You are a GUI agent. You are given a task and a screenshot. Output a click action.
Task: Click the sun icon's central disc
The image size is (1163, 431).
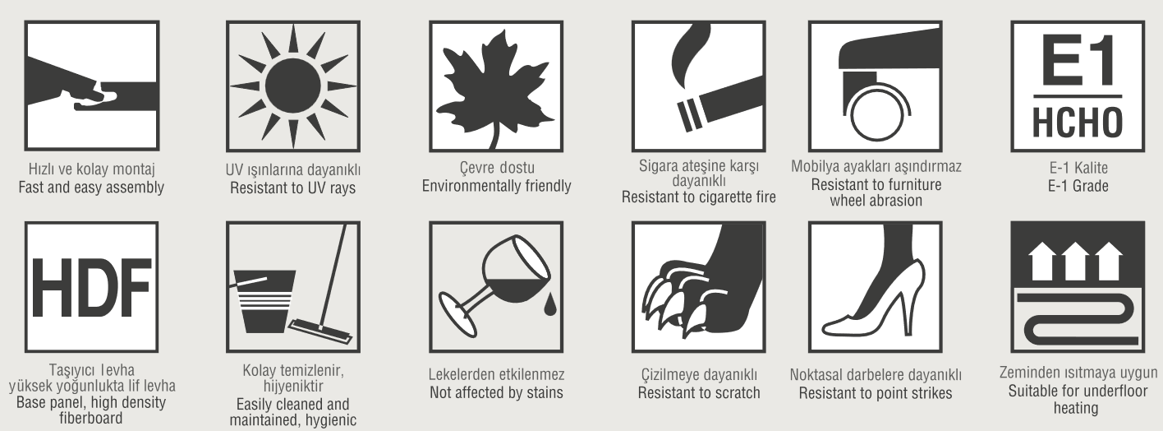(x=293, y=86)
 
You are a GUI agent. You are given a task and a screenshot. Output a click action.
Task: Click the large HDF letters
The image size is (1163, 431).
(x=91, y=286)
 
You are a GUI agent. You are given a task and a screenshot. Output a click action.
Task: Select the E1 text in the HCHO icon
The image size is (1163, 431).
(x=1078, y=61)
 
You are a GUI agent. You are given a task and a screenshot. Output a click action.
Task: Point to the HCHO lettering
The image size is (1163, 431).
(x=1078, y=123)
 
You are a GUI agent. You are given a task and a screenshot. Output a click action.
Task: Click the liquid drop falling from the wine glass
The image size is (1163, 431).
(x=550, y=304)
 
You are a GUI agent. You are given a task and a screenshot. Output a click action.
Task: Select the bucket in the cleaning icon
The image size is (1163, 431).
(x=264, y=301)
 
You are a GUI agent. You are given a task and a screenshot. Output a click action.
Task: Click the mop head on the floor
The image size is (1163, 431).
(x=320, y=331)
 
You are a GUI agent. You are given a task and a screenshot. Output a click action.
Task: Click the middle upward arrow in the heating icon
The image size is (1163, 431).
(x=1076, y=262)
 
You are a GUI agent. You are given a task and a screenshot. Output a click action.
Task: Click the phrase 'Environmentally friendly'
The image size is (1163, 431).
(x=496, y=186)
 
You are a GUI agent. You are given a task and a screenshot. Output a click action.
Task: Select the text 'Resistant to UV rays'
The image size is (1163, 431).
(x=293, y=188)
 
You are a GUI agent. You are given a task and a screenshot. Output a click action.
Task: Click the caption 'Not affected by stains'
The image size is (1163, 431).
(x=496, y=392)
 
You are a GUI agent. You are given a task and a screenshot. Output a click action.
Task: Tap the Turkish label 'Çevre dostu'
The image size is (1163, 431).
(x=497, y=168)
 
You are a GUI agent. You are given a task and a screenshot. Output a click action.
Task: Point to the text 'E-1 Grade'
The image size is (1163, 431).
(x=1078, y=186)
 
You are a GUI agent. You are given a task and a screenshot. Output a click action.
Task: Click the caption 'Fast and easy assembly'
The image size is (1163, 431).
(x=91, y=188)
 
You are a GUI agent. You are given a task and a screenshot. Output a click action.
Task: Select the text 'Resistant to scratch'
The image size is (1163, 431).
(x=699, y=392)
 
